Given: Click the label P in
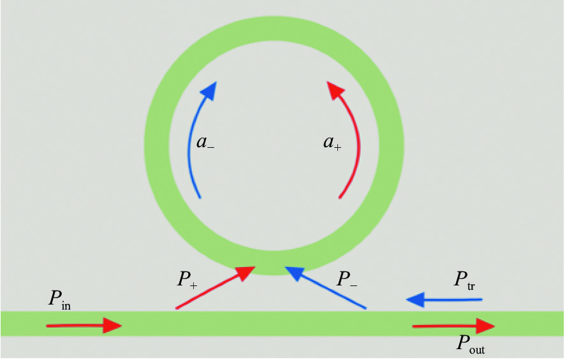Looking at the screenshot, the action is [59, 299].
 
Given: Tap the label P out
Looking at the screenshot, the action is [471, 343].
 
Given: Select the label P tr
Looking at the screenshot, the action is [465, 280].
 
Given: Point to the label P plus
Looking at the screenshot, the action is [187, 279].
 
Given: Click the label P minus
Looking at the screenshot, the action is [347, 279].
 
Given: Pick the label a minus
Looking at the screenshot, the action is [205, 143].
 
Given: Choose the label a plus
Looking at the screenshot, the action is [332, 143].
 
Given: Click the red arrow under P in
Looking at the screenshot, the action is [84, 326].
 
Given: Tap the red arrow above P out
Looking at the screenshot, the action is [453, 326].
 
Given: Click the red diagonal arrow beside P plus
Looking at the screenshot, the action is [215, 287].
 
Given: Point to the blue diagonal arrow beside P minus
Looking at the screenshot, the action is [325, 287].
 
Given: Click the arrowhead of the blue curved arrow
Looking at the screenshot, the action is [209, 90].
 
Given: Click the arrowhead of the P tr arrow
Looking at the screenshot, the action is [415, 300].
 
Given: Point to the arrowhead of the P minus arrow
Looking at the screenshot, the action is [295, 273].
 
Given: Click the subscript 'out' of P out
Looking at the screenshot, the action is [477, 349].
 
